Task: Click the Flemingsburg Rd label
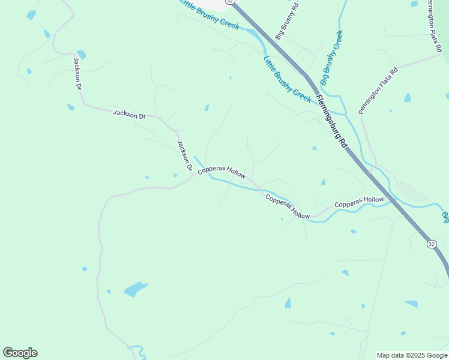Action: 332,122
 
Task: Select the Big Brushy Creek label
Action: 331,58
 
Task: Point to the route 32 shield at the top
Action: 229,2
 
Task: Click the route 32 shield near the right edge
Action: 432,244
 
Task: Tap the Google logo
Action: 20,353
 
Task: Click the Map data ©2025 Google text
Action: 412,355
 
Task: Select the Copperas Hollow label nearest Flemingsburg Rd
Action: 358,202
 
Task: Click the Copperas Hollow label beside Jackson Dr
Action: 222,172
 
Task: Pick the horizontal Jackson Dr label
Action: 129,114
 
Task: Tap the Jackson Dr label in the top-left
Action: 77,73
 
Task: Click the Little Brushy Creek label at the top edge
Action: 210,15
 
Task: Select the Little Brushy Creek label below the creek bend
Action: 287,78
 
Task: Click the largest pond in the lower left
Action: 136,289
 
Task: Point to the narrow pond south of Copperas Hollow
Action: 288,303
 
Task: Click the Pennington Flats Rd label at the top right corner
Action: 436,18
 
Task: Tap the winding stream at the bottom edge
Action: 138,352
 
